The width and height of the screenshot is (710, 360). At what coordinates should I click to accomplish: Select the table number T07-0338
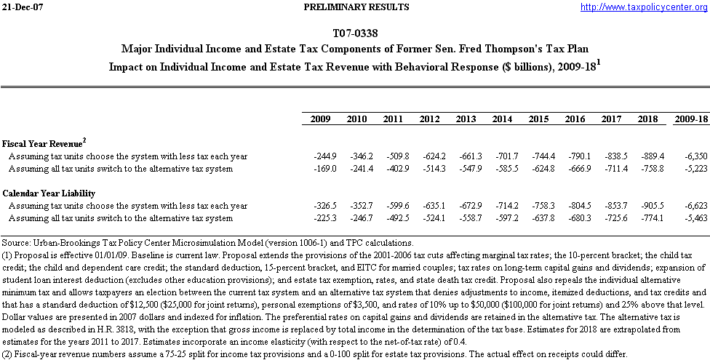(354, 33)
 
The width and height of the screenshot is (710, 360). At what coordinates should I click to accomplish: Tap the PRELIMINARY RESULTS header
(355, 7)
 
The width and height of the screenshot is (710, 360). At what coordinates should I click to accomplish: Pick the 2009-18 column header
(690, 119)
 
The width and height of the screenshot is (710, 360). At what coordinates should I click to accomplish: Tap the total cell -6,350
(693, 156)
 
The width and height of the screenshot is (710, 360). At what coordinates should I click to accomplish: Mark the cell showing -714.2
(505, 206)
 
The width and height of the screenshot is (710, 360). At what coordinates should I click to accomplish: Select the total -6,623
(693, 206)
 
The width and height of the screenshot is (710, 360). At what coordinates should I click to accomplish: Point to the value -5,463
(693, 218)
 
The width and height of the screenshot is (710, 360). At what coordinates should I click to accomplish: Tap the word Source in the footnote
(15, 242)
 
